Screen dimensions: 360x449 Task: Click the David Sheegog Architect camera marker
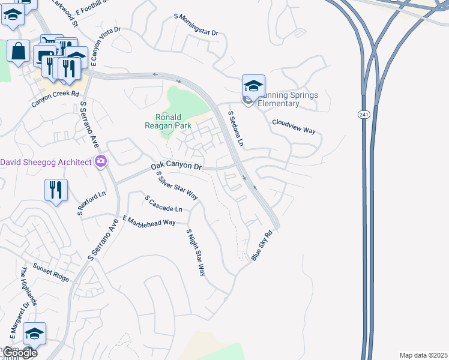[100, 161]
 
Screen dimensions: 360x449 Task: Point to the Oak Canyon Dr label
[176, 166]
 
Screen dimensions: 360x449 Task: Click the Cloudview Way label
[294, 126]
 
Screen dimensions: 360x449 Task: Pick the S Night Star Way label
[196, 252]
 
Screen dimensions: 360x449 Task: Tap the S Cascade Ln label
[163, 203]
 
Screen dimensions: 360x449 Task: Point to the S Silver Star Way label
[176, 185]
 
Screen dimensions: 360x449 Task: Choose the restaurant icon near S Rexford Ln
[56, 190]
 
